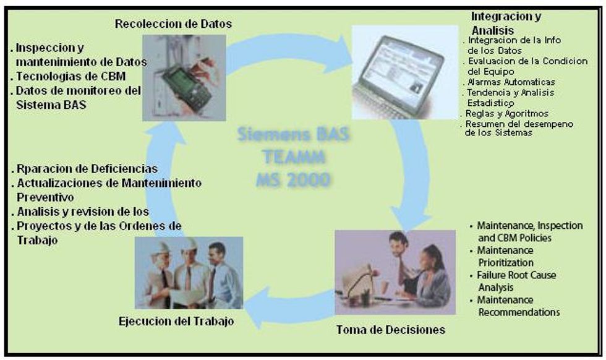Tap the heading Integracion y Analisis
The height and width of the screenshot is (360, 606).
point(506,23)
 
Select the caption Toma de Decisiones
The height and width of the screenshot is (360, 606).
point(390,329)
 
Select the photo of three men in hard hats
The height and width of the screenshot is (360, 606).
point(189,272)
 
